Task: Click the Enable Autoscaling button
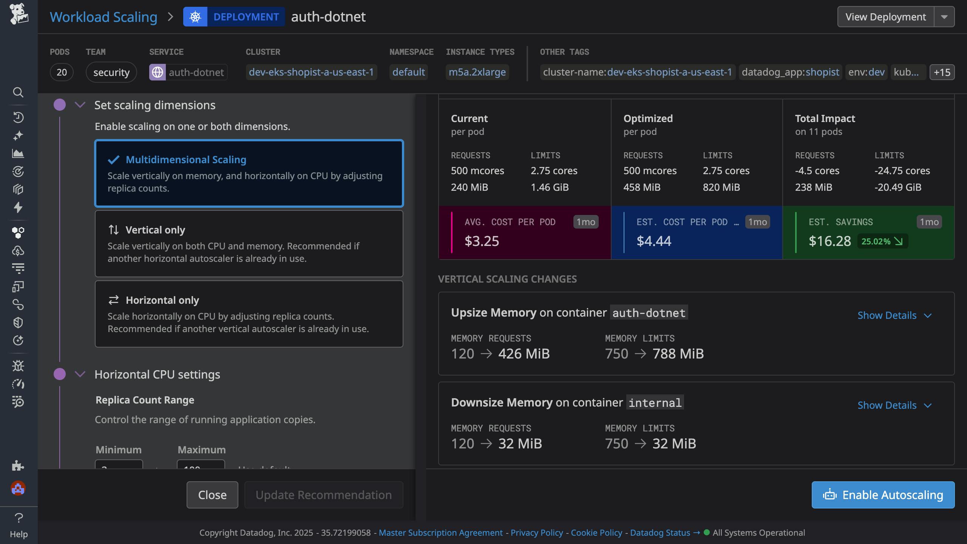(883, 495)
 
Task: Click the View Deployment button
(885, 17)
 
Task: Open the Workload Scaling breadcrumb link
(103, 17)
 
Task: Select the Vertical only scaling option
(249, 244)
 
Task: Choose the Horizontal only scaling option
(249, 314)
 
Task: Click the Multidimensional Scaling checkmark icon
(114, 160)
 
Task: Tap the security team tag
(111, 72)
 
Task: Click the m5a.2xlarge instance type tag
(477, 72)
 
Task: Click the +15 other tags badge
(942, 72)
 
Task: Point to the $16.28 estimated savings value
(830, 241)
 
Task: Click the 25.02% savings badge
(882, 241)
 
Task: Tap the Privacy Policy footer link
(536, 533)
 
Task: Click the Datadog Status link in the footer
(660, 533)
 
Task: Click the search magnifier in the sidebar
(18, 92)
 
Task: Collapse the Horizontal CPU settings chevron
(80, 374)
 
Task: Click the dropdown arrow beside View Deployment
(944, 17)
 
